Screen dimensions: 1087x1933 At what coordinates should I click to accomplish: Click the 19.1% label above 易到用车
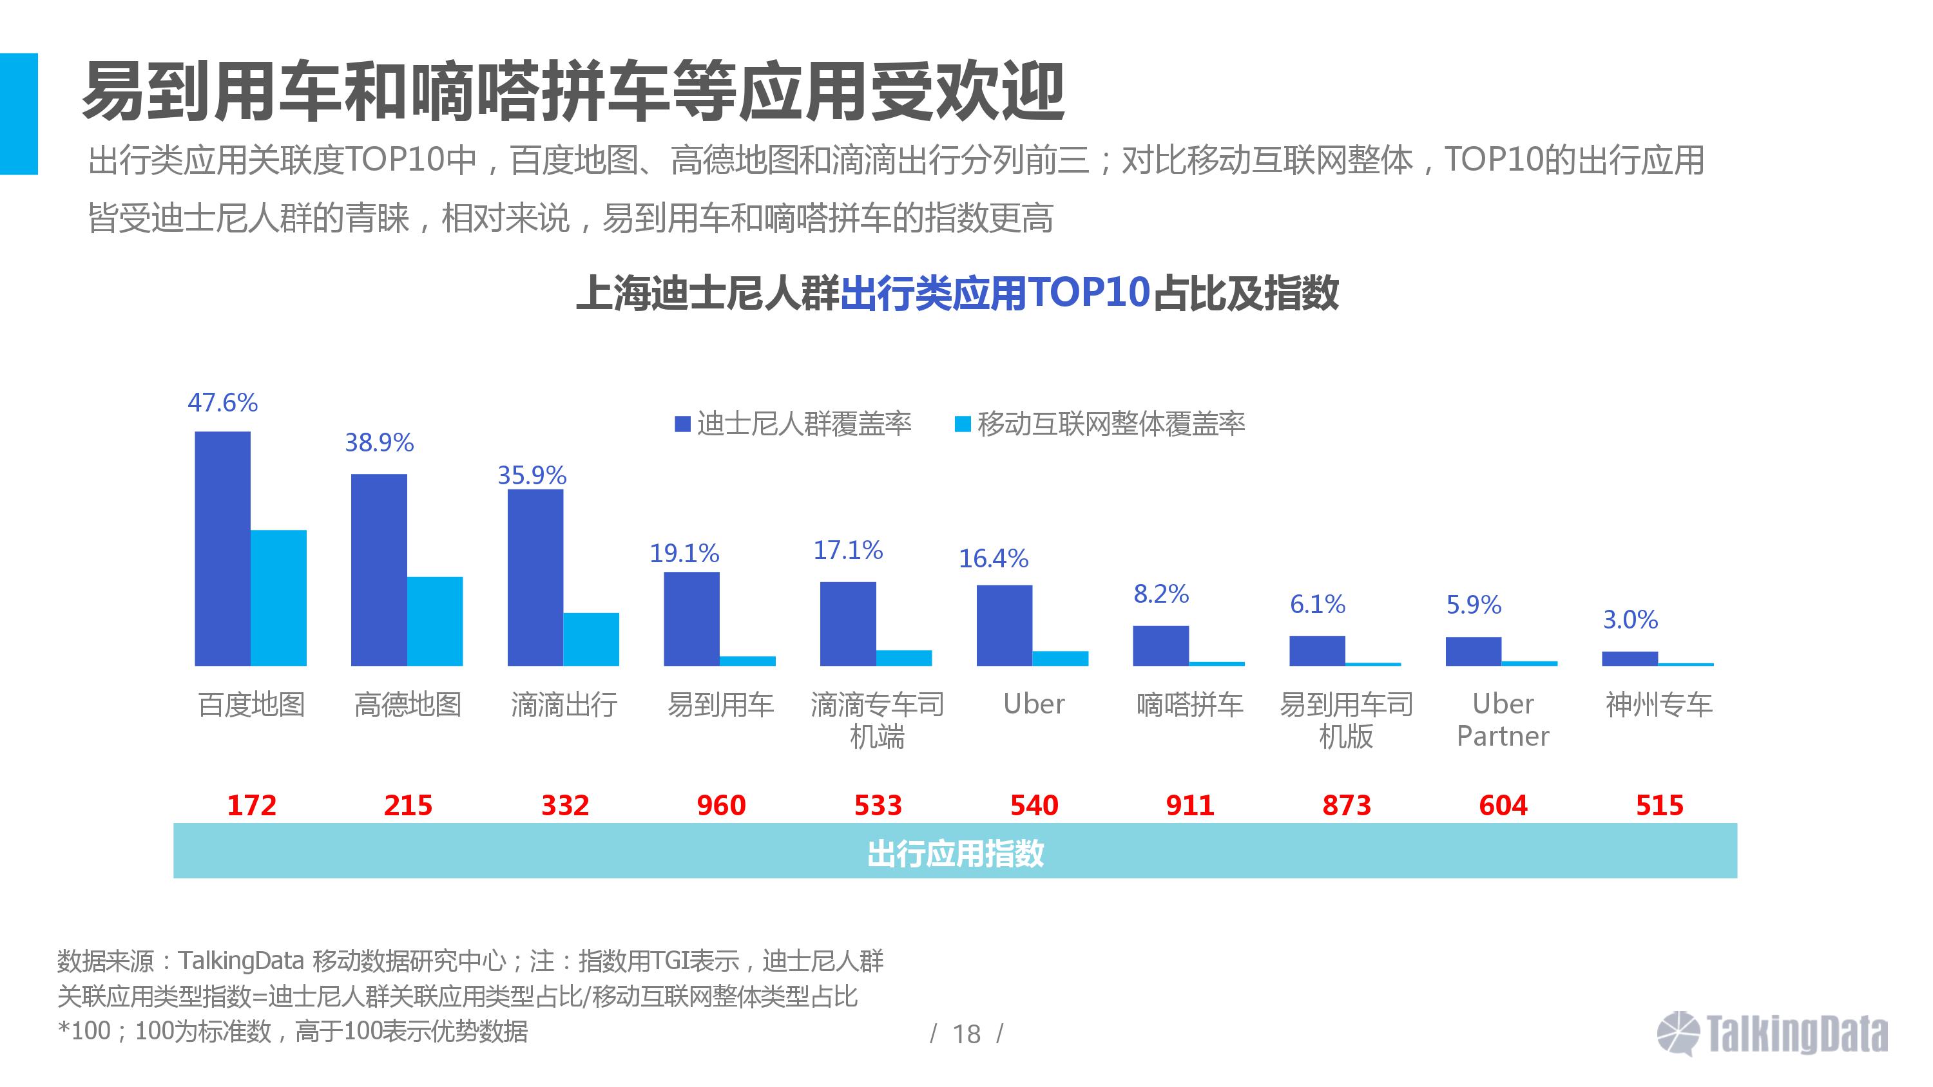[684, 554]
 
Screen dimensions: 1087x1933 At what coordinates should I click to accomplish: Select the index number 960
[721, 805]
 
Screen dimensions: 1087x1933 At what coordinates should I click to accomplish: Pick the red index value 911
[1189, 805]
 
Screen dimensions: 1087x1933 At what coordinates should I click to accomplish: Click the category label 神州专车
[1659, 704]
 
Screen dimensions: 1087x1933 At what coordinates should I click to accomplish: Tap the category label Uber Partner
[1503, 719]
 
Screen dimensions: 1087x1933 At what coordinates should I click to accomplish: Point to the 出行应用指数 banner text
[956, 853]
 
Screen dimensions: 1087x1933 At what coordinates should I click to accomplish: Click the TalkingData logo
[1773, 1034]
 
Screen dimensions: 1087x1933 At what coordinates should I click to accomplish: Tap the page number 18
[966, 1034]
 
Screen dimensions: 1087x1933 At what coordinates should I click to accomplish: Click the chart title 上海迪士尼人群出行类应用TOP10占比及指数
[957, 292]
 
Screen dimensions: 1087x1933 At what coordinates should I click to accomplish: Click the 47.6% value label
[222, 403]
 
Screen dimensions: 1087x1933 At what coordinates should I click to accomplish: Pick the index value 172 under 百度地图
[252, 805]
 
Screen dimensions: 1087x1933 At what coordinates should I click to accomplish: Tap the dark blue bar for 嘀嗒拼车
[1160, 645]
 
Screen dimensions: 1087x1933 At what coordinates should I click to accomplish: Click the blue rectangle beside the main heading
[19, 113]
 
